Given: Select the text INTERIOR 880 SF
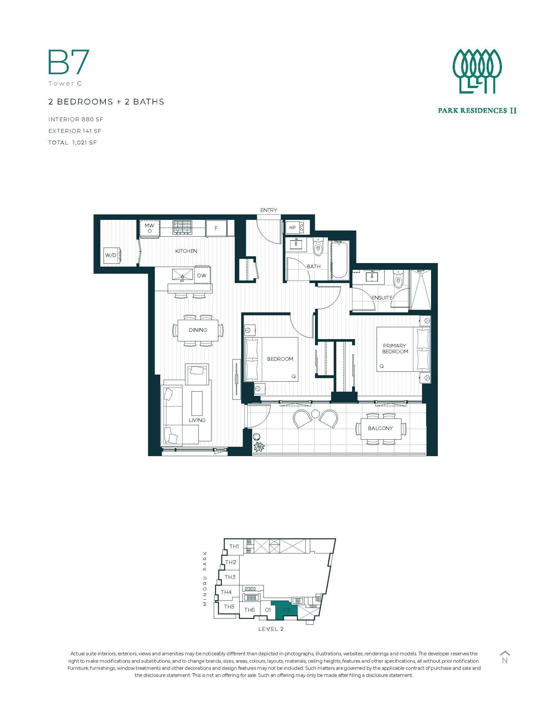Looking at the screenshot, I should (76, 119).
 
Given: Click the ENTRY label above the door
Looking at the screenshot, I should (268, 210).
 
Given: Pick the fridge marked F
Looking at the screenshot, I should (216, 228).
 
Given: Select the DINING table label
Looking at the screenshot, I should (198, 330).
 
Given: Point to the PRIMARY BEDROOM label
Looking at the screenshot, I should (395, 348).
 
